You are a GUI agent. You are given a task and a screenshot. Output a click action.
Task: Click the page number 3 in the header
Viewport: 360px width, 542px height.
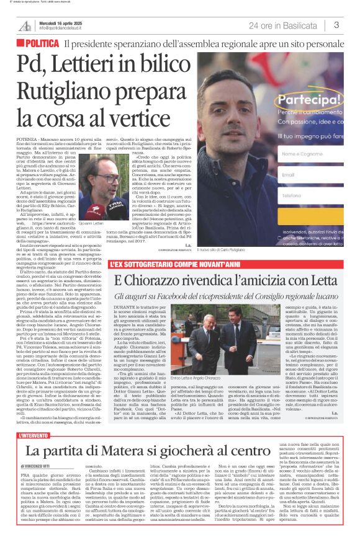[x=336, y=25]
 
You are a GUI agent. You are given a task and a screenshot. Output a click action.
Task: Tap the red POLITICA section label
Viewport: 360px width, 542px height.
[x=42, y=43]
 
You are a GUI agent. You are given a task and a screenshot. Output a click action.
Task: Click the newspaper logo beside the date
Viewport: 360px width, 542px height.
[x=26, y=25]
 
